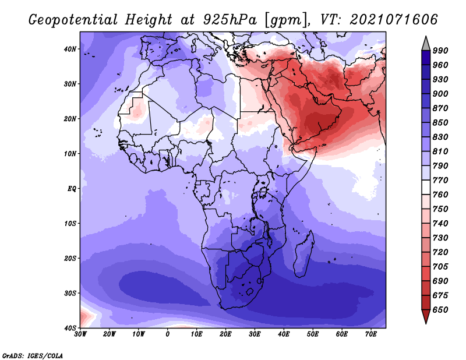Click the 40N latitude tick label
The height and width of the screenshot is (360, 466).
tap(70, 49)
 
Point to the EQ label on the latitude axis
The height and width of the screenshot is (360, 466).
tap(72, 189)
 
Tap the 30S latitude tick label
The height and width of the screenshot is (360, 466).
tap(70, 294)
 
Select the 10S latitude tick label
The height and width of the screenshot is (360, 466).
tap(70, 224)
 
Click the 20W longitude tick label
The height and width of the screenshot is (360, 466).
tap(109, 334)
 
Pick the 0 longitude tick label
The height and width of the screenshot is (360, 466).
tap(168, 334)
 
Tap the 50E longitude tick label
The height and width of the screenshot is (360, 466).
tap(313, 334)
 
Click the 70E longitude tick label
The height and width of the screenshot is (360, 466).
tap(370, 334)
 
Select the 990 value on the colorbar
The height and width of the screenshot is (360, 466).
tap(440, 51)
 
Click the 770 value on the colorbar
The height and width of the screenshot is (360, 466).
tap(440, 180)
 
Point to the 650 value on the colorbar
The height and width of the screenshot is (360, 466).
tap(440, 310)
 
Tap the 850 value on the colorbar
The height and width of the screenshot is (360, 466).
tap(440, 122)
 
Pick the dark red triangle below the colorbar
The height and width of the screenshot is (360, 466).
tap(426, 315)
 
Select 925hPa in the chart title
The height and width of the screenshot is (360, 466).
tap(230, 20)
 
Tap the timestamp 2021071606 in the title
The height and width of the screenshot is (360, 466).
tap(393, 20)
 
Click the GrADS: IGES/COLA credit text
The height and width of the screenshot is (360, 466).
tap(33, 355)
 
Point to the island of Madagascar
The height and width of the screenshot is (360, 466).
tap(303, 255)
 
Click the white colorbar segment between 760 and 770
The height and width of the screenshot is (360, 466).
tap(426, 188)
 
